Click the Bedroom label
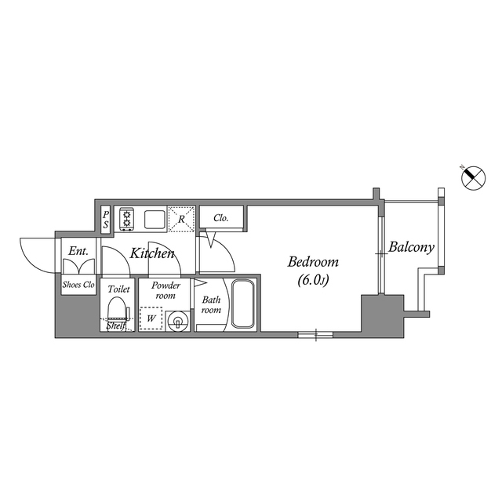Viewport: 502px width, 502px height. [x=312, y=262]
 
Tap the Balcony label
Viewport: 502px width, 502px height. [x=412, y=248]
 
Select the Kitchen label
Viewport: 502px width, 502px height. [x=152, y=253]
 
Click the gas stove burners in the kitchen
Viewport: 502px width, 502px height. [x=127, y=219]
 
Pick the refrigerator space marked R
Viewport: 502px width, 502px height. [x=181, y=219]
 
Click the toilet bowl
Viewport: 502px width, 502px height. [x=117, y=307]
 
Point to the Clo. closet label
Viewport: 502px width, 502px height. [x=221, y=218]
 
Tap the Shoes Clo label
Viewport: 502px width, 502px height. [x=78, y=286]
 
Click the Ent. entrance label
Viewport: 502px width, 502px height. [x=78, y=251]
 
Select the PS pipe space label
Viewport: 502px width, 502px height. [x=107, y=219]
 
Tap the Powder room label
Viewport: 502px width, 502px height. [x=166, y=290]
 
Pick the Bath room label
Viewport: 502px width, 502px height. [x=212, y=304]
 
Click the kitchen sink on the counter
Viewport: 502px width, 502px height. [x=154, y=219]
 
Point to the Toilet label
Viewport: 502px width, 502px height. [x=118, y=289]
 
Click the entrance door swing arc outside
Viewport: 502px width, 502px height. [x=35, y=253]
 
